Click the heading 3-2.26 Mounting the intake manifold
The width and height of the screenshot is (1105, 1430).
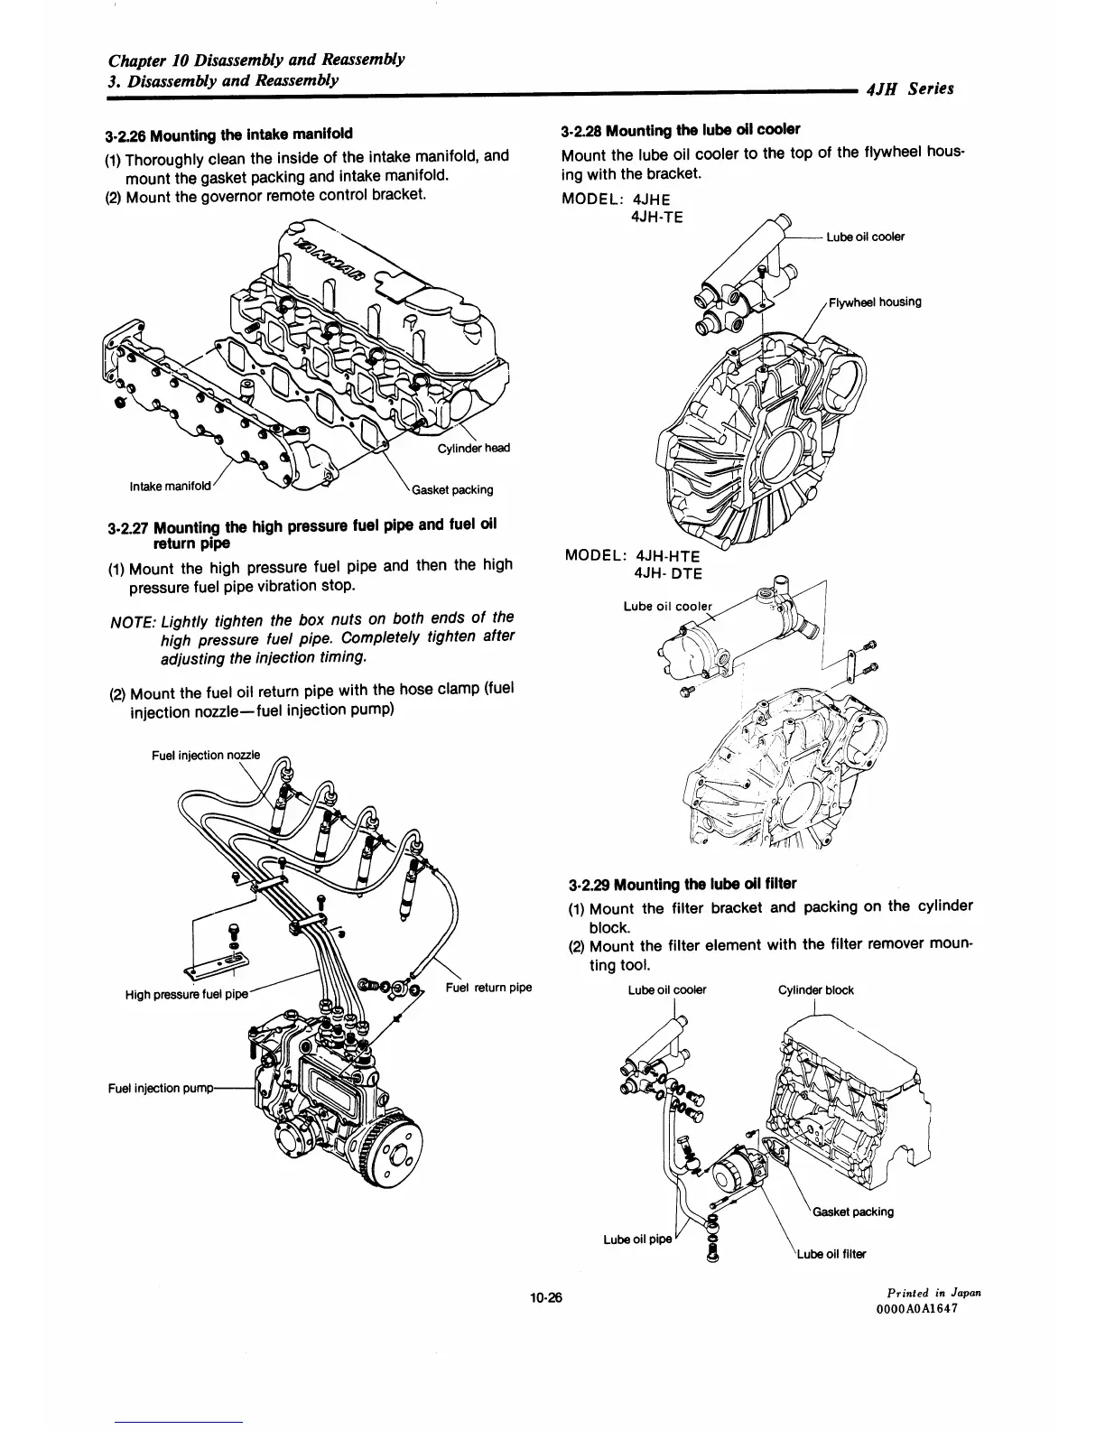[228, 136]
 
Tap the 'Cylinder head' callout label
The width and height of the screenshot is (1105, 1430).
[474, 450]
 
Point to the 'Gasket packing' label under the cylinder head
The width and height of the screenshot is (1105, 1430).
[452, 490]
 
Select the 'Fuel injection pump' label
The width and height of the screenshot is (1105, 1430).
[159, 1088]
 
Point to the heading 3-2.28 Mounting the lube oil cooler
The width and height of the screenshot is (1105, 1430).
[680, 129]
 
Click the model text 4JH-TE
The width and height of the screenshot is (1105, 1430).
[659, 217]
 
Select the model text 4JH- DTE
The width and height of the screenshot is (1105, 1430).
[668, 572]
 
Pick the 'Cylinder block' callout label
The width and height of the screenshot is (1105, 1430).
[815, 990]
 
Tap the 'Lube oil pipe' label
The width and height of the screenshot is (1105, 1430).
[637, 1239]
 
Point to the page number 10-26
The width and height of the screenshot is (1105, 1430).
[546, 1299]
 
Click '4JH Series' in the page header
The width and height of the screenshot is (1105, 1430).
[909, 88]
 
